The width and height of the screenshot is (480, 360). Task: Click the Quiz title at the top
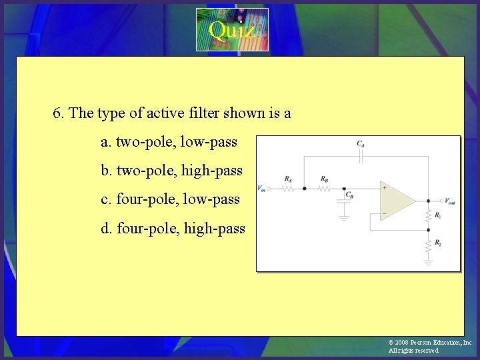point(231,29)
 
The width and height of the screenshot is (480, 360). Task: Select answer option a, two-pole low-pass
point(169,141)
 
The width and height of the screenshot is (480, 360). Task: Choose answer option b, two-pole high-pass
point(171,170)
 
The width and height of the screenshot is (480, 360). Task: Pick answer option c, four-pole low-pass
point(170,199)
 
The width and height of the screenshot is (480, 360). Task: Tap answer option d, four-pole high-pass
point(173,229)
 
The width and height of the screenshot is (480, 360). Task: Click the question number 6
point(58,113)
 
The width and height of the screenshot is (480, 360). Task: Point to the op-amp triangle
point(397,199)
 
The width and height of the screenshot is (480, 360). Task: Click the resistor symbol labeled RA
point(288,189)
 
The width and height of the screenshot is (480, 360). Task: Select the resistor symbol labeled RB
point(324,189)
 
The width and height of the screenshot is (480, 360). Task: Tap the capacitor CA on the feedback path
point(360,157)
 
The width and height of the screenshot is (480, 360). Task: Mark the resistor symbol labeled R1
point(428,215)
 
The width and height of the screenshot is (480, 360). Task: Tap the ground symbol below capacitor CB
point(345,217)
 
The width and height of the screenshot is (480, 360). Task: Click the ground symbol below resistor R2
point(428,263)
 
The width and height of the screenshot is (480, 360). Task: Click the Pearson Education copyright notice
point(431,346)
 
